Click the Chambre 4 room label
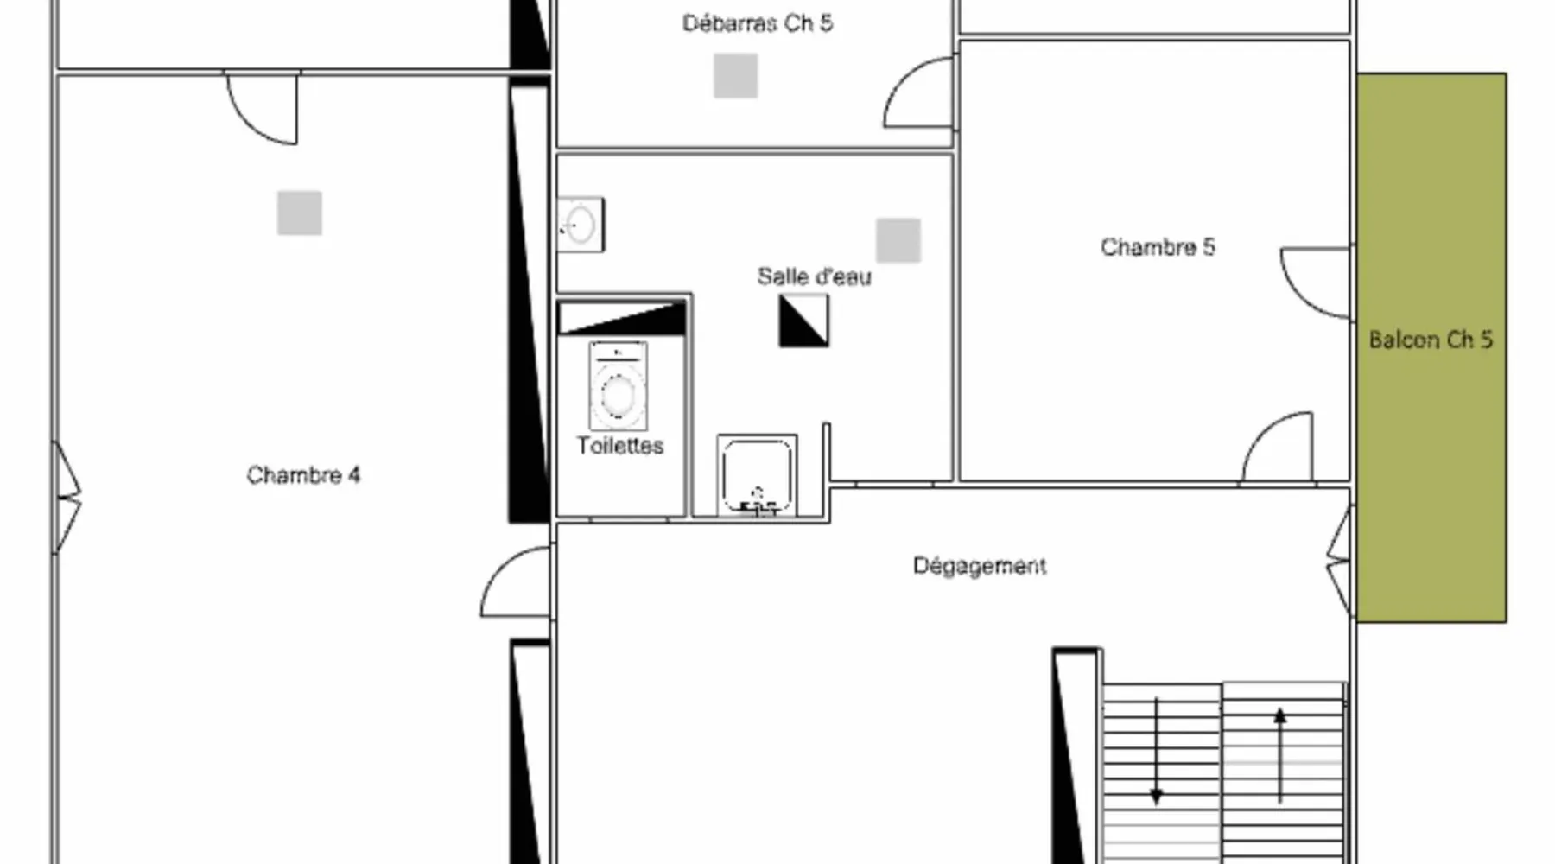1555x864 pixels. click(303, 475)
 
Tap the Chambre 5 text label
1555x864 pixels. click(1158, 247)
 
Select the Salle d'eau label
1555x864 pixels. click(814, 276)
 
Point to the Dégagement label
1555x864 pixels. click(980, 566)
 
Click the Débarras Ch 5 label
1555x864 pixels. click(758, 23)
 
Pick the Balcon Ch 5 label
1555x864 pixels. click(1431, 340)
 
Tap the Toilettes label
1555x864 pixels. click(620, 446)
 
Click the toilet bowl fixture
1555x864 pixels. click(618, 386)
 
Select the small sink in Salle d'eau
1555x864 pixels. click(581, 225)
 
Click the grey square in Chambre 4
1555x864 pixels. click(300, 213)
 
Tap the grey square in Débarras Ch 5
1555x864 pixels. click(736, 75)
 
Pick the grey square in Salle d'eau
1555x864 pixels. click(898, 240)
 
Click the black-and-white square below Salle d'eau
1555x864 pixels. click(803, 321)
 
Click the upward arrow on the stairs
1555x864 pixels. click(1280, 755)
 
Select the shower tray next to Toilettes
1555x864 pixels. click(757, 475)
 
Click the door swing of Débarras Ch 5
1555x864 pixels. click(919, 92)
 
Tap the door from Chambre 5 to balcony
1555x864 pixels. click(1316, 283)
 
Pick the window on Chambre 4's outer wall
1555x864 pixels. click(66, 498)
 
